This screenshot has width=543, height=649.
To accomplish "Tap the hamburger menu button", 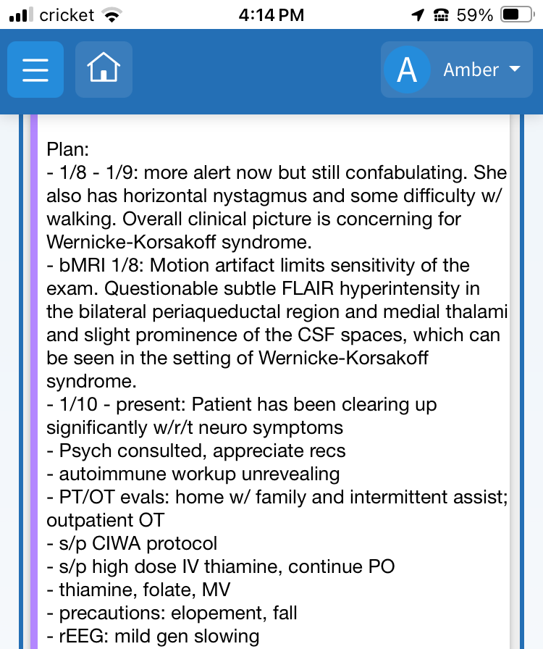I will (35, 70).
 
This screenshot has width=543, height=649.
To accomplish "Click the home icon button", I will (104, 70).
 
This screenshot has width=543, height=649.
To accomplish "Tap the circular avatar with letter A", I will (407, 70).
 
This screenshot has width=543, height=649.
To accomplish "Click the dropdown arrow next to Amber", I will (515, 70).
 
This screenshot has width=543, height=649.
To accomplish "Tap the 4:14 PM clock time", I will (271, 15).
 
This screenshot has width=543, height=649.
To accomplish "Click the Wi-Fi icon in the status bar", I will (111, 15).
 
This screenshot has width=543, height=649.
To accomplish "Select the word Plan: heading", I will (67, 150).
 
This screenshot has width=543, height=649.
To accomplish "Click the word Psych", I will (83, 451).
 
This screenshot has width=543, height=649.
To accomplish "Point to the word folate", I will (160, 590).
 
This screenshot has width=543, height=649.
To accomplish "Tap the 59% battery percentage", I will (474, 15).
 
